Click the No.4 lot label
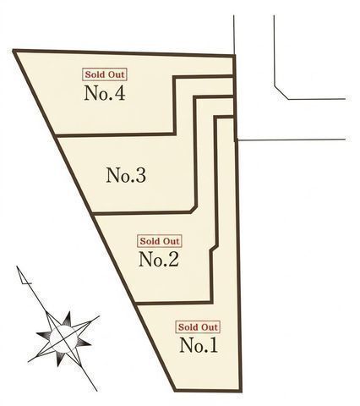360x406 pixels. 105,93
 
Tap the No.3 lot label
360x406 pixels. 126,175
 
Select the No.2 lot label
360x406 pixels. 159,259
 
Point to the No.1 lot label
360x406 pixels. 199,345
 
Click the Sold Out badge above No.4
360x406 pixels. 105,74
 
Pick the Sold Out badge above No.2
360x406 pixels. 160,241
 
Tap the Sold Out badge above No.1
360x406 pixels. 198,327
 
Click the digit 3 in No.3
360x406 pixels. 140,175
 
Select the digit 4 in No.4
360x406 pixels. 119,93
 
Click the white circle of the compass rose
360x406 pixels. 63,339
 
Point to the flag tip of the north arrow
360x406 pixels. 18,266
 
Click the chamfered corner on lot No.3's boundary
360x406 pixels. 193,209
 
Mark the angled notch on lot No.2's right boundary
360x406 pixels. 215,249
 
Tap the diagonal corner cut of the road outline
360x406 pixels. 281,92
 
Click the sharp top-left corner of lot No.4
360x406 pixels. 14,51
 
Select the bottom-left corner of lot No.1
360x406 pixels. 175,391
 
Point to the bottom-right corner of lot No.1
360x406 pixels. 241,391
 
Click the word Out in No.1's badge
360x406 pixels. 209,327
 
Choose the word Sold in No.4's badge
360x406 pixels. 94,74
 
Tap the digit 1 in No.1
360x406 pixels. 213,345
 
